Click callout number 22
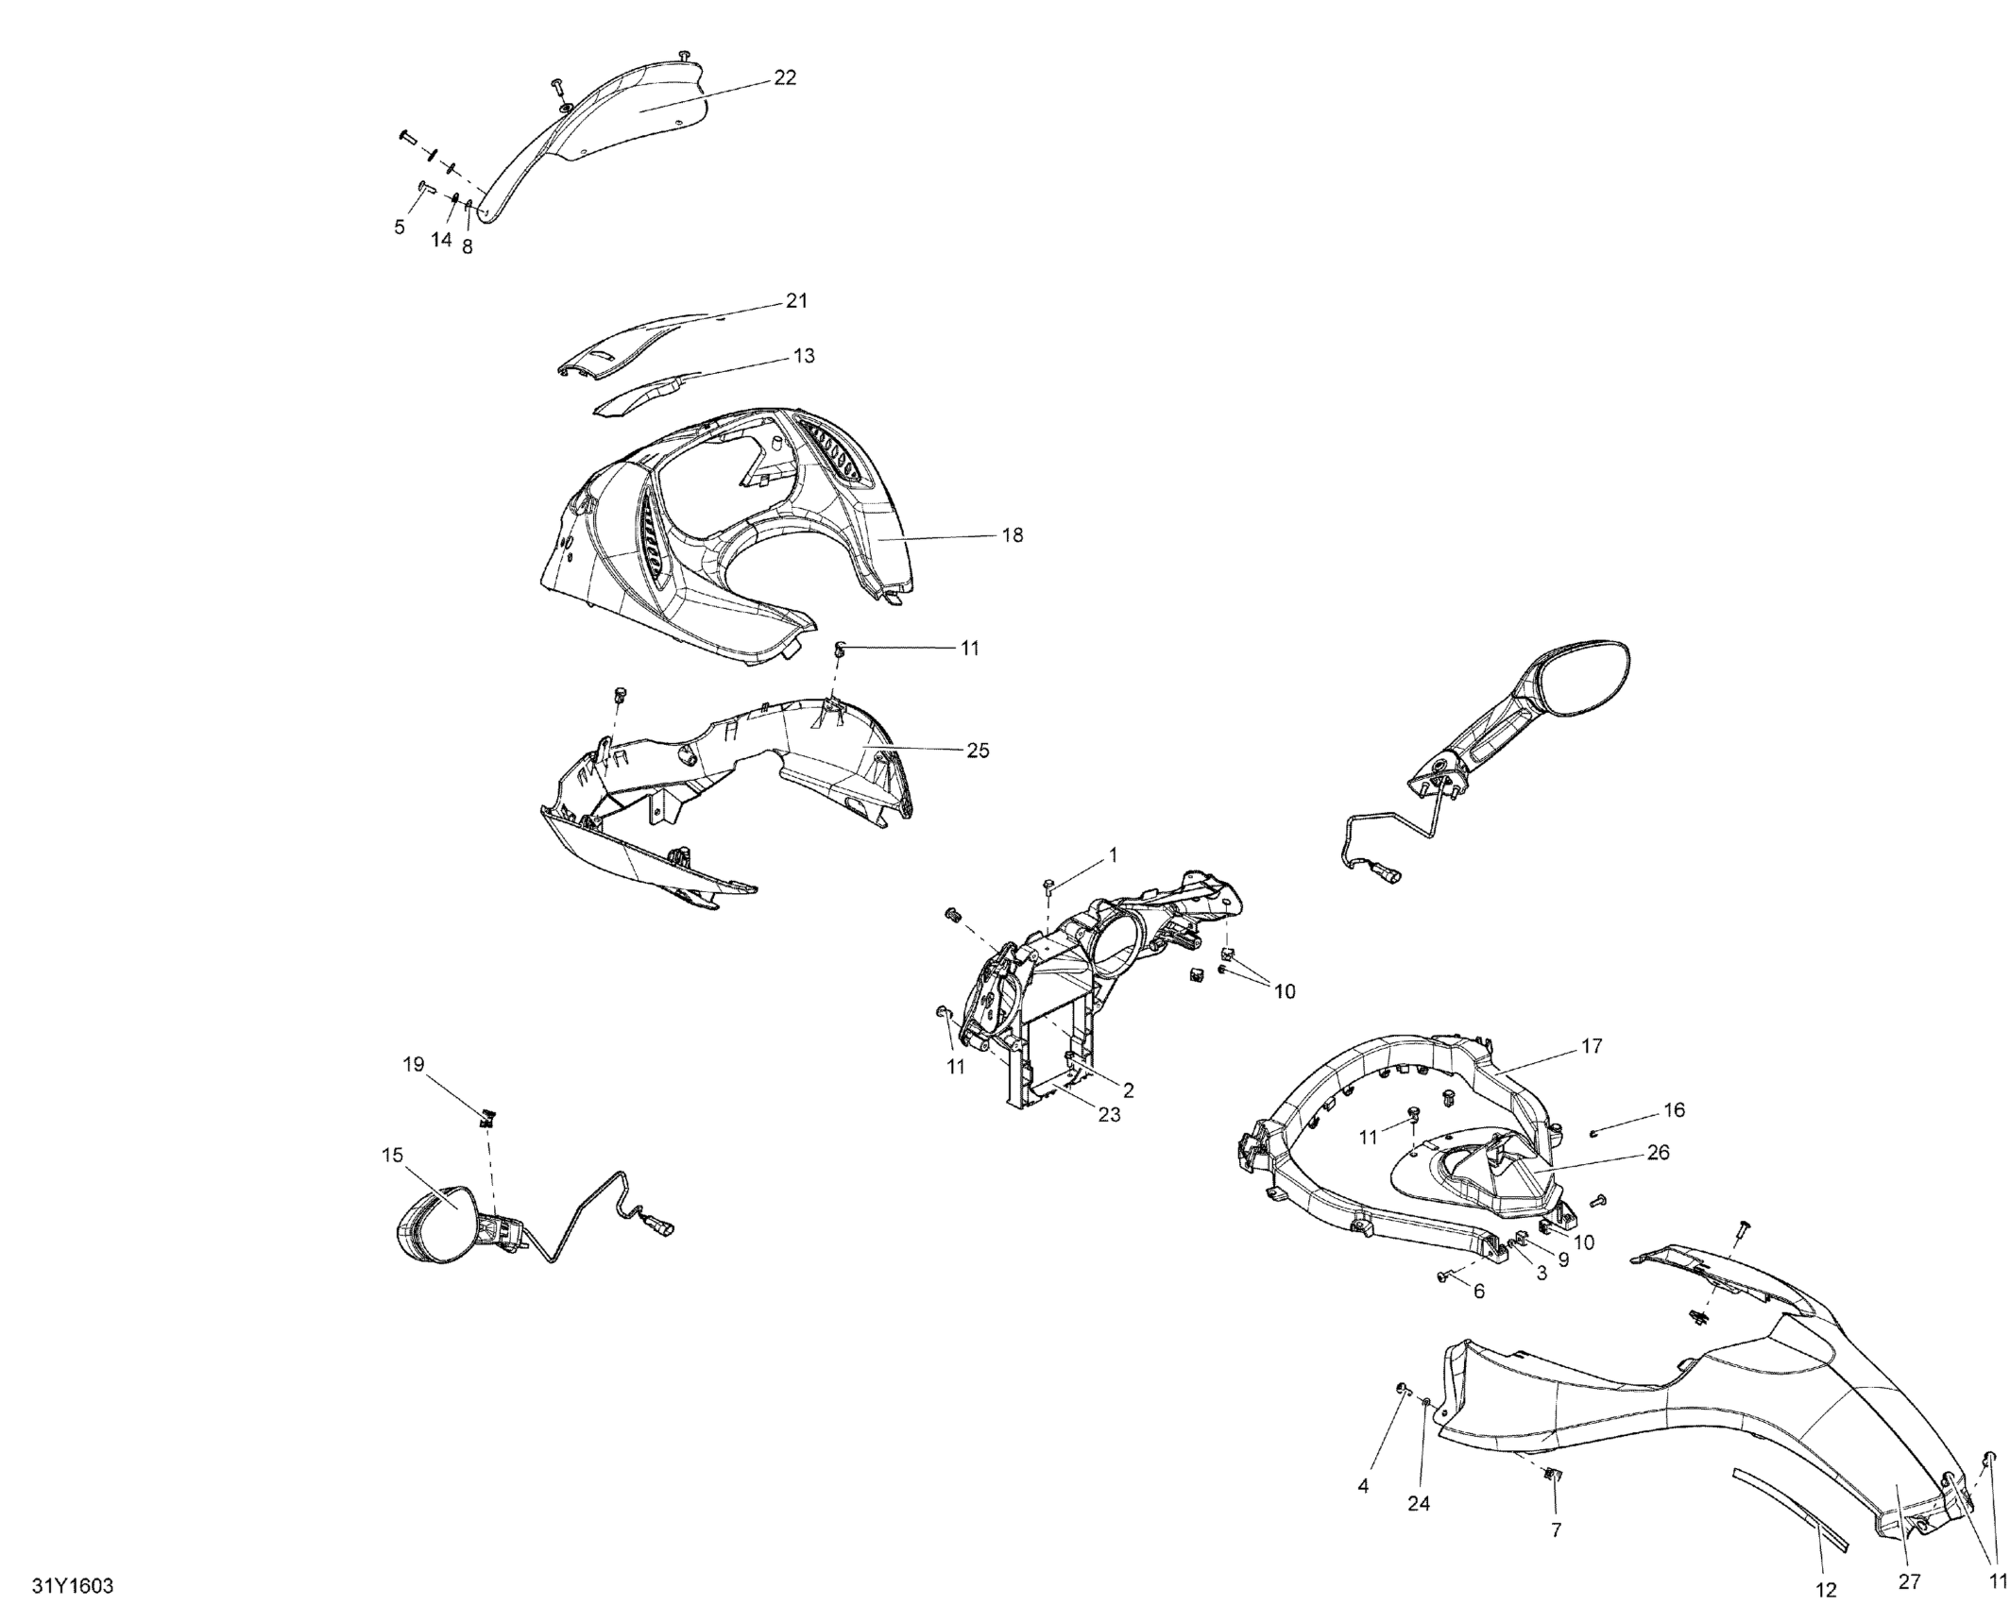coord(785,78)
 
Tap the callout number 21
coord(797,301)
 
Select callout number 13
coord(804,356)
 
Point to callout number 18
coord(1012,535)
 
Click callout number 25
coord(978,751)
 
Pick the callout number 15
coord(392,1155)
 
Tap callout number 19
coord(414,1065)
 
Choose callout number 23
coord(1109,1115)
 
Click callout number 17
coord(1592,1046)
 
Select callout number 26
coord(1658,1153)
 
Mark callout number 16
coord(1674,1110)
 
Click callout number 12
coord(1826,1591)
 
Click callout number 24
coord(1419,1504)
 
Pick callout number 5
coord(400,227)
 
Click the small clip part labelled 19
coord(488,1120)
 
